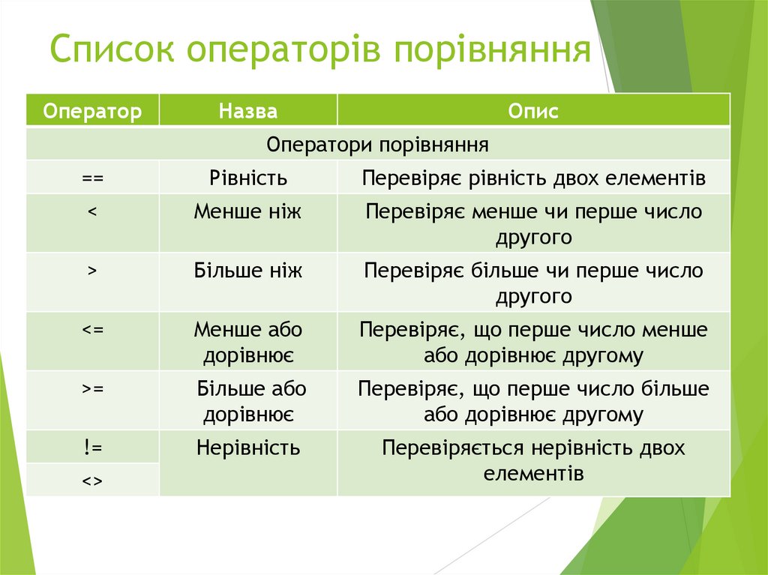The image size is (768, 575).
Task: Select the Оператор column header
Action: (x=92, y=112)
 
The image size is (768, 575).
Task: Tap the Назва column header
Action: (x=248, y=112)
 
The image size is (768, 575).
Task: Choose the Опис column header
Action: (x=533, y=112)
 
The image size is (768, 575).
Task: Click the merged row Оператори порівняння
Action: (x=378, y=143)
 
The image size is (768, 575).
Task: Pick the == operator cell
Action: (x=92, y=178)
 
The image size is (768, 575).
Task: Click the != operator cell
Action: (x=92, y=448)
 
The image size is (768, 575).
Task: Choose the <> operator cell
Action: (x=92, y=480)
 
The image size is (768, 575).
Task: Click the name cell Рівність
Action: (x=248, y=178)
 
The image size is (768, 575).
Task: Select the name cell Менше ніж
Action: (x=248, y=212)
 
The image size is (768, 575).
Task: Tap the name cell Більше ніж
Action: (x=248, y=271)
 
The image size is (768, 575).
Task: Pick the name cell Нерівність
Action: (x=248, y=448)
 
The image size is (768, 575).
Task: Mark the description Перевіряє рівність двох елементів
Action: (x=533, y=178)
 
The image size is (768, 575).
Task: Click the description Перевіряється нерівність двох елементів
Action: (x=533, y=460)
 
